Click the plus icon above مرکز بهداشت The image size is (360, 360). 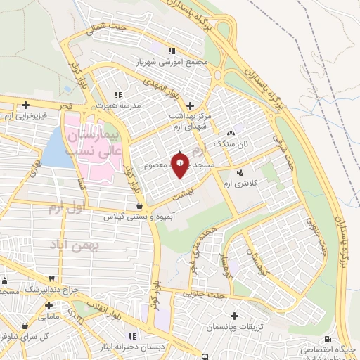190,105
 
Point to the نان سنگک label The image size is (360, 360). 233,143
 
